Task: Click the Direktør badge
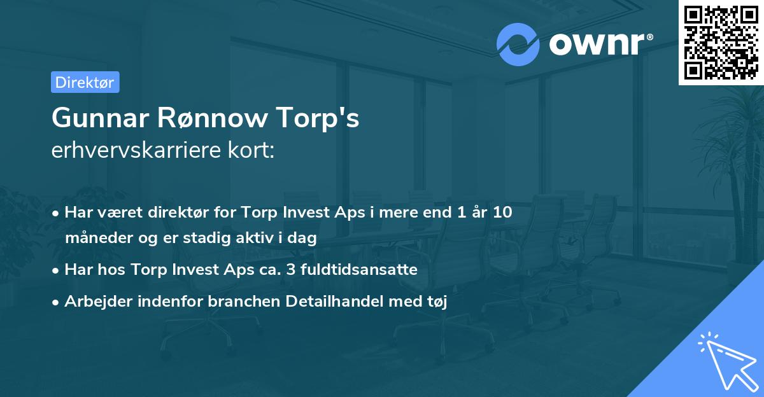pos(85,82)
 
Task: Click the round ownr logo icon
pos(518,44)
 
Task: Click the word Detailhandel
pos(347,302)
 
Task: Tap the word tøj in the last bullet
pos(437,302)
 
